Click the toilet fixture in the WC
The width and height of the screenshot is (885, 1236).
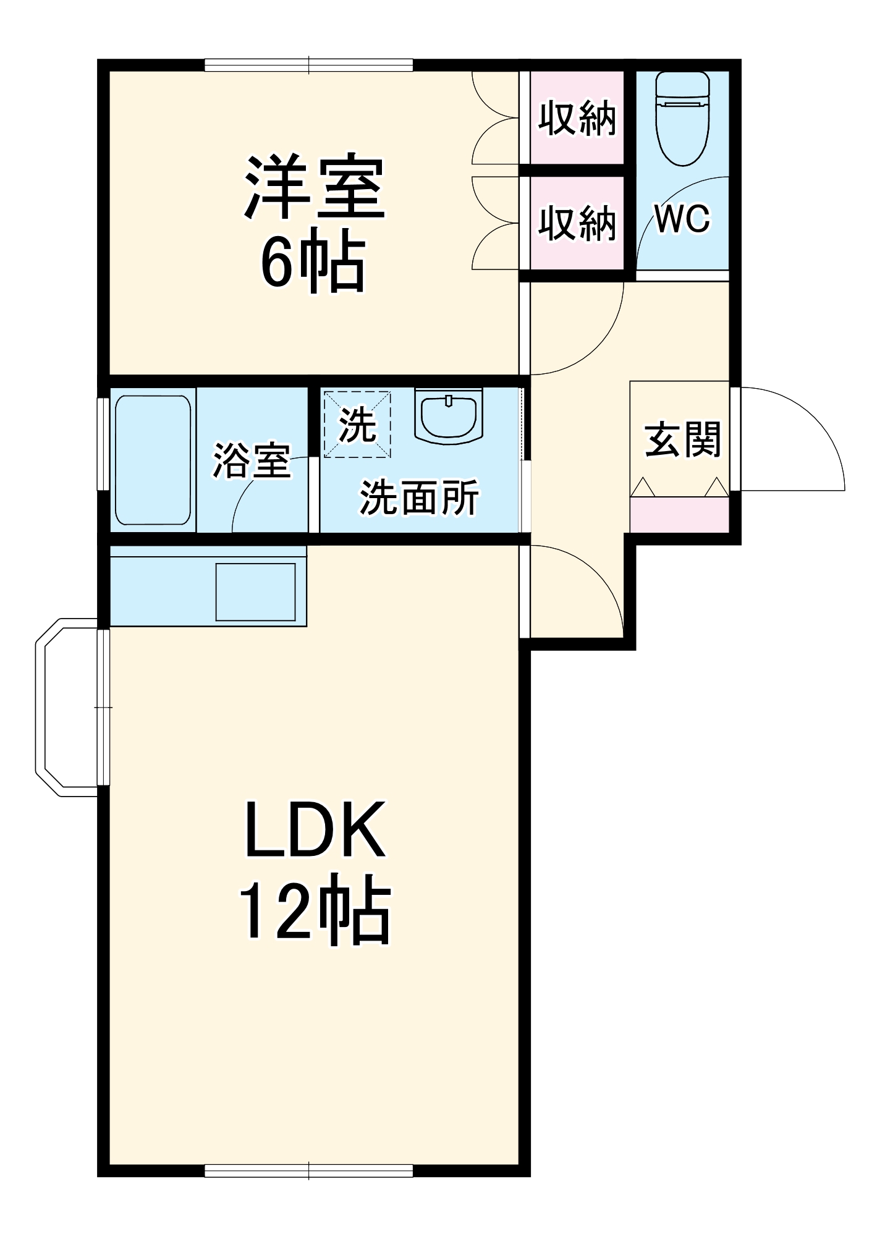click(682, 117)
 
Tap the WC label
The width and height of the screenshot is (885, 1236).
click(682, 218)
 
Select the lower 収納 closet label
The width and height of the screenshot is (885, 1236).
click(577, 223)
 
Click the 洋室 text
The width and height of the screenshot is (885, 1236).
click(315, 187)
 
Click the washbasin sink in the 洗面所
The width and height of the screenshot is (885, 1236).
click(449, 417)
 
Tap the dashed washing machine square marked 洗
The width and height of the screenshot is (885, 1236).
click(357, 425)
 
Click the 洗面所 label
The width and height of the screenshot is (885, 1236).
click(419, 497)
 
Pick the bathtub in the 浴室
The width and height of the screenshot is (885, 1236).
click(153, 460)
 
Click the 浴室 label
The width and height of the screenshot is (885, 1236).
click(252, 460)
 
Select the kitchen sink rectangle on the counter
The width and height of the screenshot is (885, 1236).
click(255, 591)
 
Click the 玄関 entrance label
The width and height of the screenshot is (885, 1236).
click(682, 440)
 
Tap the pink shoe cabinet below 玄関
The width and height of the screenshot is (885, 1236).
click(679, 514)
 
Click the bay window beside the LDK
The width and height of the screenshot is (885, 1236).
click(68, 707)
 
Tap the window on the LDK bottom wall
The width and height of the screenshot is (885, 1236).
click(308, 1170)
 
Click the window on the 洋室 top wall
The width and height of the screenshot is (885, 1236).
click(308, 65)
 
